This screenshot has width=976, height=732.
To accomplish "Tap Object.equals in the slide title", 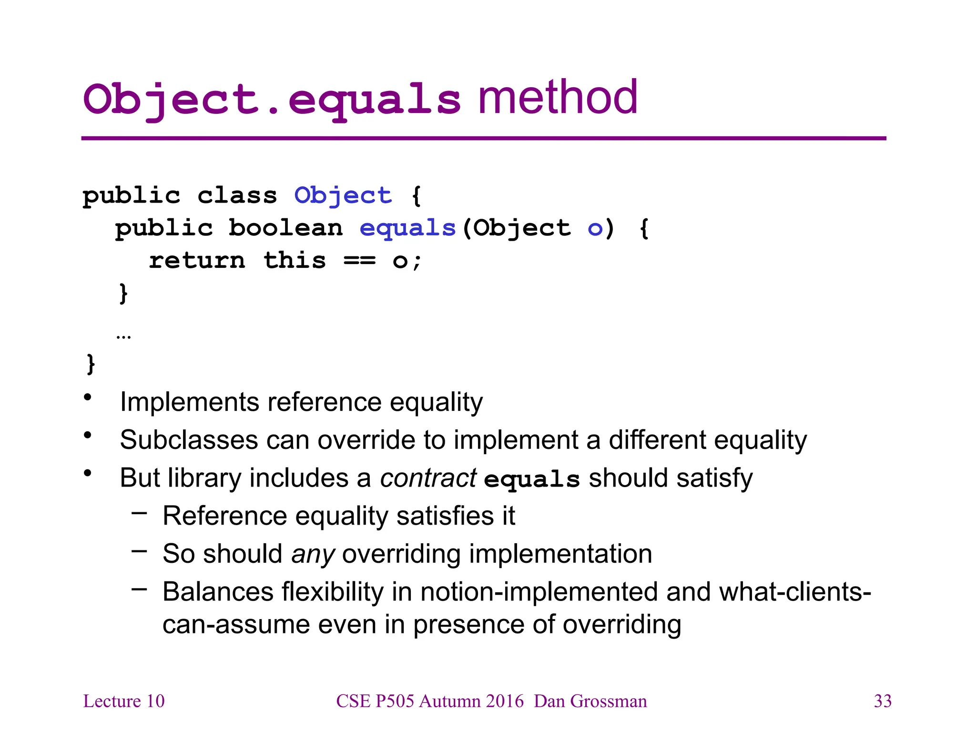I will [272, 100].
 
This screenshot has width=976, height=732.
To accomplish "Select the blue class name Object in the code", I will [343, 195].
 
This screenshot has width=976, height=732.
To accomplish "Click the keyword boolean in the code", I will [285, 228].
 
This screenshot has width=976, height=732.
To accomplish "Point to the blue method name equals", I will [408, 228].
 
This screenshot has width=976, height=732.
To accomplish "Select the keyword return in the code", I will [197, 261].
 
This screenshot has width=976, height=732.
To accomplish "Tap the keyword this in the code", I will [295, 260].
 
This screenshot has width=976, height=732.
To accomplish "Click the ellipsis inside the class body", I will [123, 336].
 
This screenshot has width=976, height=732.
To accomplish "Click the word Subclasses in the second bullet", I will [189, 440].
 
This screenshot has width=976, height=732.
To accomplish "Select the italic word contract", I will [428, 478].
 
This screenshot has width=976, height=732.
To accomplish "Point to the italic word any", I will [313, 554].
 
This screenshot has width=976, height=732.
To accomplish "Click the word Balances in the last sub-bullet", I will [218, 592].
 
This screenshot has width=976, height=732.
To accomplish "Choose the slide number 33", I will [883, 701].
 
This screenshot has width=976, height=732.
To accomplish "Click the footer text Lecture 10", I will [124, 701].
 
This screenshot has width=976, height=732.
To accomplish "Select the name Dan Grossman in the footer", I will [590, 701].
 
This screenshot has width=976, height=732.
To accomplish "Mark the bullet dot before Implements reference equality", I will [87, 397].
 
